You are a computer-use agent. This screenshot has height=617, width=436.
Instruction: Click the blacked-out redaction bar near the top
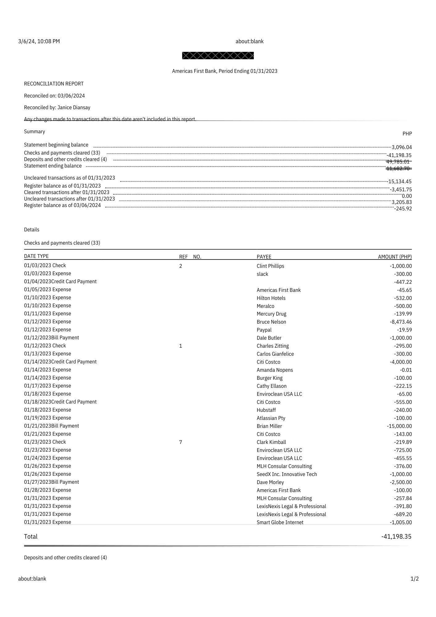click(x=218, y=56)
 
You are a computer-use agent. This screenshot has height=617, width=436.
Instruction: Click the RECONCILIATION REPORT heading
click(x=54, y=84)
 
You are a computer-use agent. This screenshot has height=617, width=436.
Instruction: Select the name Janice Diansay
click(x=74, y=107)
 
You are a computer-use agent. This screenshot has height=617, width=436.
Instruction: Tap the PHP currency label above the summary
click(x=407, y=134)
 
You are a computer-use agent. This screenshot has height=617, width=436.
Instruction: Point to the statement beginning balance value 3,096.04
click(x=401, y=147)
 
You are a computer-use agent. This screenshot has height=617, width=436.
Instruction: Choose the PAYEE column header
click(x=264, y=257)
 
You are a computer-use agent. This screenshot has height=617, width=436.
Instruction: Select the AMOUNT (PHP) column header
click(x=395, y=257)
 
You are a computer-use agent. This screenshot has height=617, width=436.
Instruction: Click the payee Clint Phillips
click(x=270, y=266)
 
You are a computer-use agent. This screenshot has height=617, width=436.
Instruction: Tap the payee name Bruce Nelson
click(x=271, y=322)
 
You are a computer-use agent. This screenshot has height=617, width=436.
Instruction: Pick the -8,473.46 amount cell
click(x=401, y=322)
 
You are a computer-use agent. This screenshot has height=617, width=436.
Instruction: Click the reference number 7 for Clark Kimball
click(x=181, y=442)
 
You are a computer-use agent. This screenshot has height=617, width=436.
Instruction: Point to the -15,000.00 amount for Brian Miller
click(x=399, y=426)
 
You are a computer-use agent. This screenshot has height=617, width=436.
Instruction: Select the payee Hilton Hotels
click(x=271, y=298)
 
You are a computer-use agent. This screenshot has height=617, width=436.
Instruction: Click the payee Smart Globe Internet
click(x=280, y=522)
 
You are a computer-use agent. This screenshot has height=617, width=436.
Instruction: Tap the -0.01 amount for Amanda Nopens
click(x=406, y=370)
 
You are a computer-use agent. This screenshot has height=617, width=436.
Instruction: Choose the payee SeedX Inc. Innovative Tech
click(x=287, y=474)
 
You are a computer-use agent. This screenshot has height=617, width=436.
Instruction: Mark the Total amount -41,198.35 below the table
click(x=396, y=536)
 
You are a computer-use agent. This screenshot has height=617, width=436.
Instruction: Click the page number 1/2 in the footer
click(x=414, y=579)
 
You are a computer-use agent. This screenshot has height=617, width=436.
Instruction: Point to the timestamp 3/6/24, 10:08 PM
click(x=39, y=41)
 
